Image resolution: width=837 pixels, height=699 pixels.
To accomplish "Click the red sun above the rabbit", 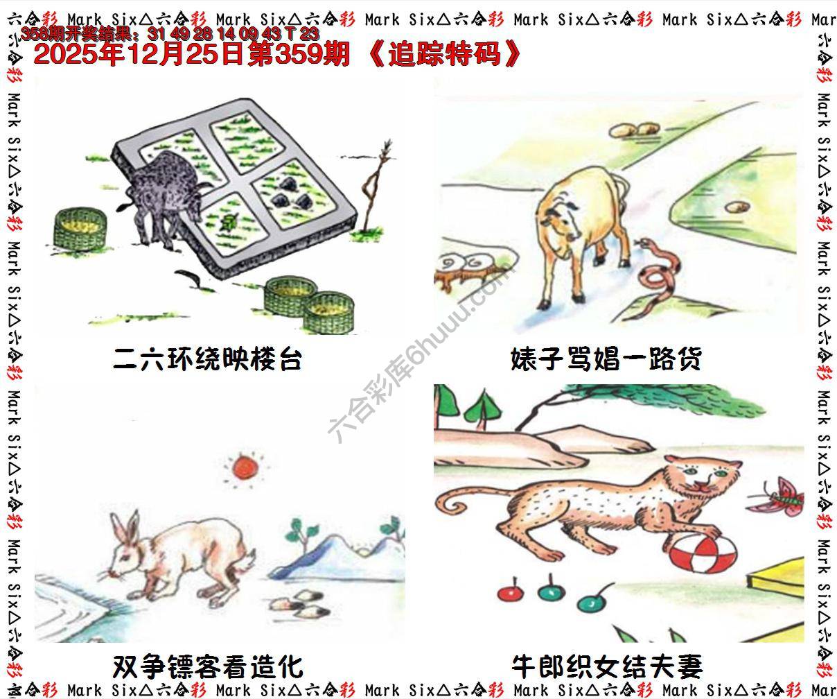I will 245,467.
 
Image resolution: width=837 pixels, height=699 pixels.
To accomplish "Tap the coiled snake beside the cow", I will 655,275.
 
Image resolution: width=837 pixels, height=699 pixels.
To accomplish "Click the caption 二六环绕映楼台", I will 207,360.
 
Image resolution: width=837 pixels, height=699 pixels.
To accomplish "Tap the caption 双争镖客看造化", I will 207,667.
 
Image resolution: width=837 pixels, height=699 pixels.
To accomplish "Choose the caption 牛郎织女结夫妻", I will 606,667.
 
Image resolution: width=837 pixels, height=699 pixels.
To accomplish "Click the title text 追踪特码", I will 444,54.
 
